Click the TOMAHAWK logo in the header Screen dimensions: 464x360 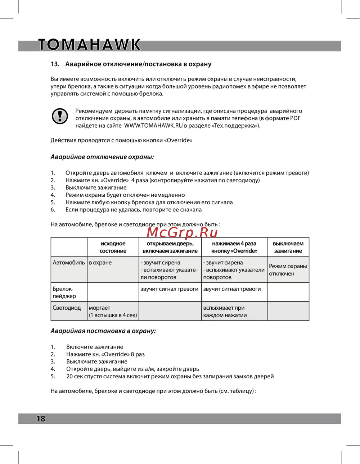click(x=89, y=45)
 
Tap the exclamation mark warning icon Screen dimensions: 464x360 click(x=60, y=116)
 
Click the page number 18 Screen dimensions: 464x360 click(x=41, y=418)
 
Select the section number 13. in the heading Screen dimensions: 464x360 click(x=55, y=64)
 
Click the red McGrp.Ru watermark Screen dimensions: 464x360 click(x=182, y=233)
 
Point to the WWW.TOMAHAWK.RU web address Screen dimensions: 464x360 click(x=153, y=126)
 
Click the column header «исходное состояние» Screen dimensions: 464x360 click(x=113, y=247)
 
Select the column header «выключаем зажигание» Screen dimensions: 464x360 click(x=288, y=247)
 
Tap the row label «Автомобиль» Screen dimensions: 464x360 click(x=69, y=263)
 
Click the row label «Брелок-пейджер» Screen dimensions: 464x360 click(x=64, y=292)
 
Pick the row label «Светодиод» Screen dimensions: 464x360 click(x=67, y=308)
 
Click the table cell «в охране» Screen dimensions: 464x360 click(x=100, y=263)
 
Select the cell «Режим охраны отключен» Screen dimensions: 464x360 click(x=288, y=270)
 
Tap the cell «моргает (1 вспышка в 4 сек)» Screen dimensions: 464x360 click(x=113, y=311)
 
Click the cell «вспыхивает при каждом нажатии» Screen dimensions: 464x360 click(x=225, y=311)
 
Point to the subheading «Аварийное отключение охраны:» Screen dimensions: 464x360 click(x=102, y=157)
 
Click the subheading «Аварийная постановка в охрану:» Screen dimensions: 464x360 click(x=103, y=331)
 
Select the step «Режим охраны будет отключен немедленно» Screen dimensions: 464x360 click(x=125, y=195)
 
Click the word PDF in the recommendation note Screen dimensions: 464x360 click(x=295, y=118)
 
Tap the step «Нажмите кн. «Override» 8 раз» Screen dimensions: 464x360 click(x=105, y=354)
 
